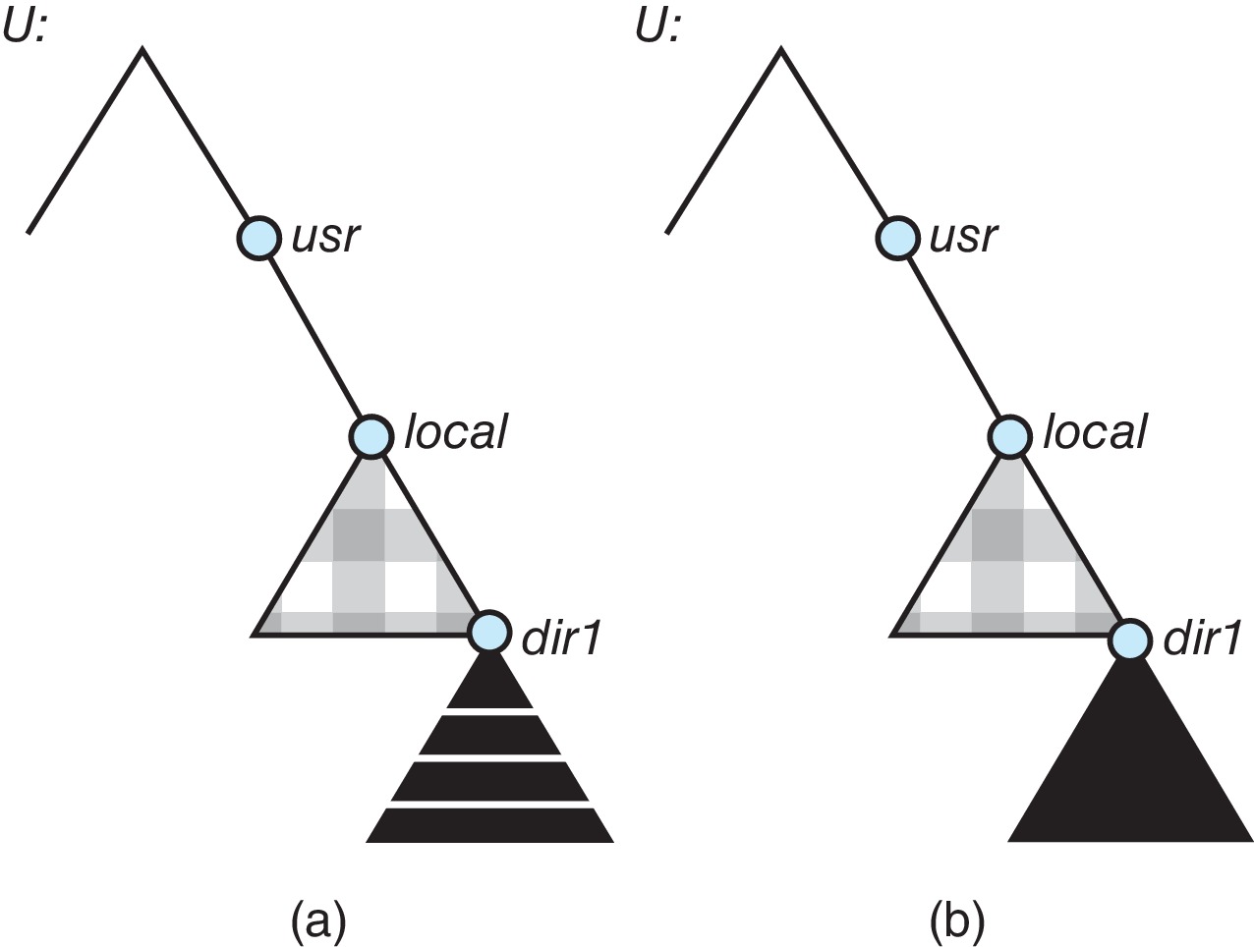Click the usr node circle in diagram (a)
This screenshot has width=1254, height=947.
pyautogui.click(x=258, y=238)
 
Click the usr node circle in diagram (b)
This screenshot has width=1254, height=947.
pyautogui.click(x=896, y=238)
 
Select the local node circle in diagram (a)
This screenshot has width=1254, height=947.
pyautogui.click(x=370, y=434)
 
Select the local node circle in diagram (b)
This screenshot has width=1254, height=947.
pyautogui.click(x=1008, y=434)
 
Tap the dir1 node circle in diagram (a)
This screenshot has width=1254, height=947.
pyautogui.click(x=488, y=632)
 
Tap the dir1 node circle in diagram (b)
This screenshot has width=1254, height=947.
pyautogui.click(x=1130, y=641)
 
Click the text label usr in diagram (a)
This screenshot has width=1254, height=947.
pyautogui.click(x=327, y=238)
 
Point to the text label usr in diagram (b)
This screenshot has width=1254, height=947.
pyautogui.click(x=965, y=238)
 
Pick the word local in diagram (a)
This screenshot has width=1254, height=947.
pyautogui.click(x=455, y=432)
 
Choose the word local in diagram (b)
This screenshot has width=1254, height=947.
pyautogui.click(x=1094, y=432)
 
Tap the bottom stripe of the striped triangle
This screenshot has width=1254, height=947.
pyautogui.click(x=489, y=827)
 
